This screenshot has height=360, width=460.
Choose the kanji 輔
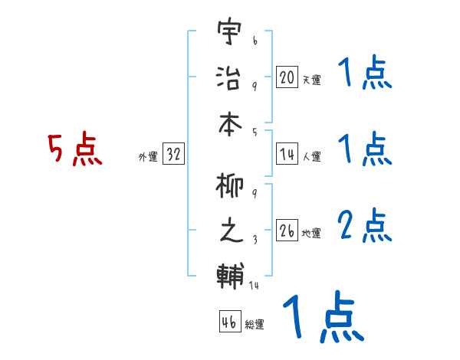[x=229, y=273]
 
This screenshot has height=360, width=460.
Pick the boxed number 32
[x=173, y=155]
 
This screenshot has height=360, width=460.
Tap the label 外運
[x=147, y=158]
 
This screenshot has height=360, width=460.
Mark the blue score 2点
[x=365, y=225]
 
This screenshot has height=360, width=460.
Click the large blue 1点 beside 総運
[x=322, y=317]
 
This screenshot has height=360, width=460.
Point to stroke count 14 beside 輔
[x=255, y=285]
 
